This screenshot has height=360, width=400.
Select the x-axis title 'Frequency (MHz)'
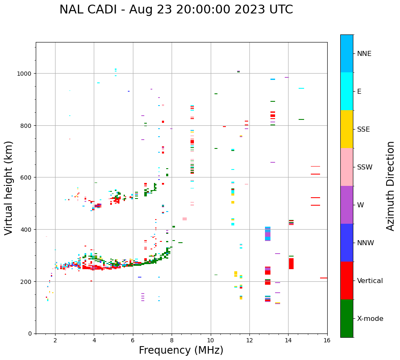pos(181,350)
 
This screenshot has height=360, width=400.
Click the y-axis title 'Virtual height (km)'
pos(9,188)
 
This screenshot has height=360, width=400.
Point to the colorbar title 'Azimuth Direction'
pos(391,186)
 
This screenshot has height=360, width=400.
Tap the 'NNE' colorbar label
pos(364,53)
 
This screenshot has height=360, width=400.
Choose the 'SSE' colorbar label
pos(363,129)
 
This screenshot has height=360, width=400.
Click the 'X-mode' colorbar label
pos(370,318)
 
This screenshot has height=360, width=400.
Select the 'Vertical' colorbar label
pos(370,281)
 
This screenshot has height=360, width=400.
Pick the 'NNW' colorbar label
pos(366,243)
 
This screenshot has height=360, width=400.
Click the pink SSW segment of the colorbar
pos(347,167)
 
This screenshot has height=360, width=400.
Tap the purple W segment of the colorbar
pos(347,205)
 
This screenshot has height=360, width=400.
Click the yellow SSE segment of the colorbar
pos(347,129)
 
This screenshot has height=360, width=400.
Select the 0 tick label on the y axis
pos(30,334)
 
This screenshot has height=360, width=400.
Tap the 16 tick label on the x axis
pos(327,341)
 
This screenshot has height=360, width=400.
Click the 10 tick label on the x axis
pos(210,341)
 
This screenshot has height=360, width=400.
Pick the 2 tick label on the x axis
pos(55,341)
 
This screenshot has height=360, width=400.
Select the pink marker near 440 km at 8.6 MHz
pos(185,219)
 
